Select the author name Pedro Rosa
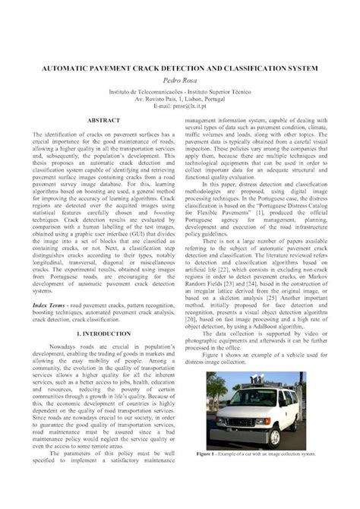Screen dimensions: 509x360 pyautogui.click(x=179, y=80)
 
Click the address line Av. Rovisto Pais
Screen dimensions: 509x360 pyautogui.click(x=179, y=98)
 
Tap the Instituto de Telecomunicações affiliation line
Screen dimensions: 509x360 pyautogui.click(x=179, y=90)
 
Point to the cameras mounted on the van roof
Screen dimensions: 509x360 pyautogui.click(x=262, y=378)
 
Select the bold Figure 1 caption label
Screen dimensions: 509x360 pyautogui.click(x=209, y=454)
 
